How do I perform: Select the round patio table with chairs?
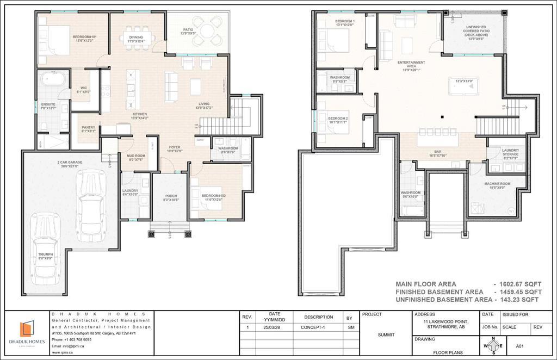(x=209, y=30)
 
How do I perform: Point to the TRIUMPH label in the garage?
(x=45, y=256)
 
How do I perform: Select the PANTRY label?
(x=88, y=129)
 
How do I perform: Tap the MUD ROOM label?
(x=135, y=158)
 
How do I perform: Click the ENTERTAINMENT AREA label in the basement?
(x=411, y=64)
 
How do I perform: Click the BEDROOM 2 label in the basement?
(x=337, y=120)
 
